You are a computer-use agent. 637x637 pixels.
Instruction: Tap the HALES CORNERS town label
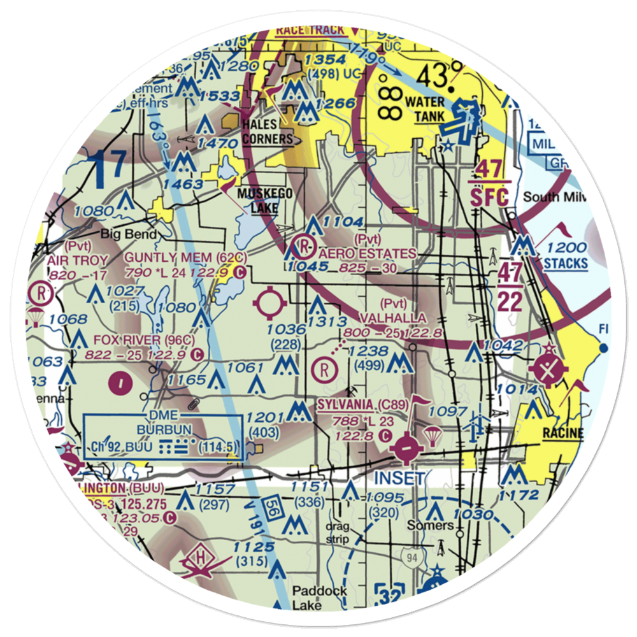[266, 132]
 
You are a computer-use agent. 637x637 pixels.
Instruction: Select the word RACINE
[562, 434]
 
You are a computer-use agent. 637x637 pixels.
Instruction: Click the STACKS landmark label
[566, 262]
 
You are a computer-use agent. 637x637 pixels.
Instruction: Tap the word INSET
[398, 478]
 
